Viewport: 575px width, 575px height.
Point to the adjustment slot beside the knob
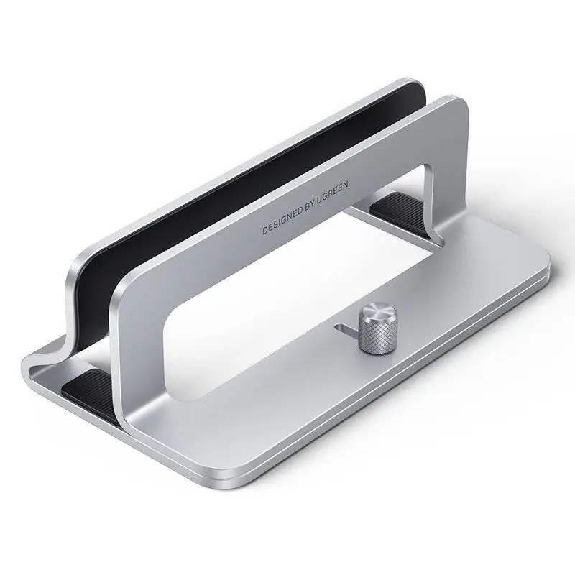pyautogui.click(x=346, y=328)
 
